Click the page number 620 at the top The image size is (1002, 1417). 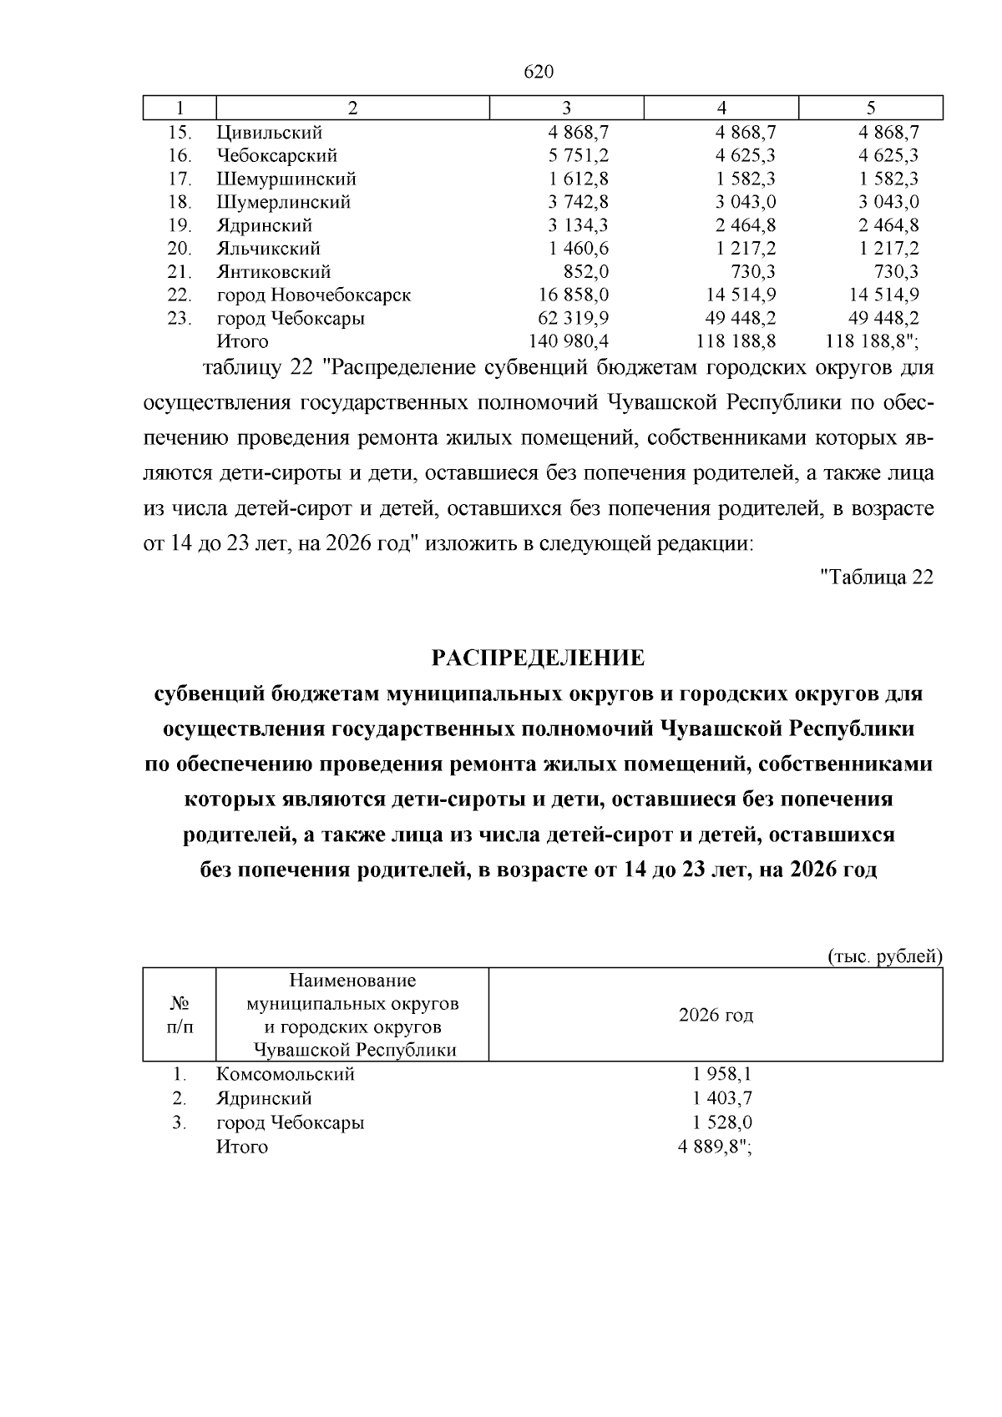[x=539, y=73]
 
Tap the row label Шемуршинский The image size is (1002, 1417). [x=286, y=179]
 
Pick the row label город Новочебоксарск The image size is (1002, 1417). [x=313, y=295]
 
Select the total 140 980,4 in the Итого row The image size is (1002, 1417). [x=569, y=341]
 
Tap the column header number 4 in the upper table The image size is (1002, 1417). [x=721, y=108]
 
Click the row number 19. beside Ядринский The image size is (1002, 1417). [x=180, y=225]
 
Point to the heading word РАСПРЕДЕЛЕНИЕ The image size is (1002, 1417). [x=539, y=658]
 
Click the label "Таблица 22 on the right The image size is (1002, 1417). [x=877, y=577]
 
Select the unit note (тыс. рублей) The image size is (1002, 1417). [x=884, y=956]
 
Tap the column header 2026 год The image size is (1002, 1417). [x=716, y=1015]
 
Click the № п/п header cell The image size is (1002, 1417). [x=180, y=1015]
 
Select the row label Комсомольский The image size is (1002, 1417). [x=286, y=1075]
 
